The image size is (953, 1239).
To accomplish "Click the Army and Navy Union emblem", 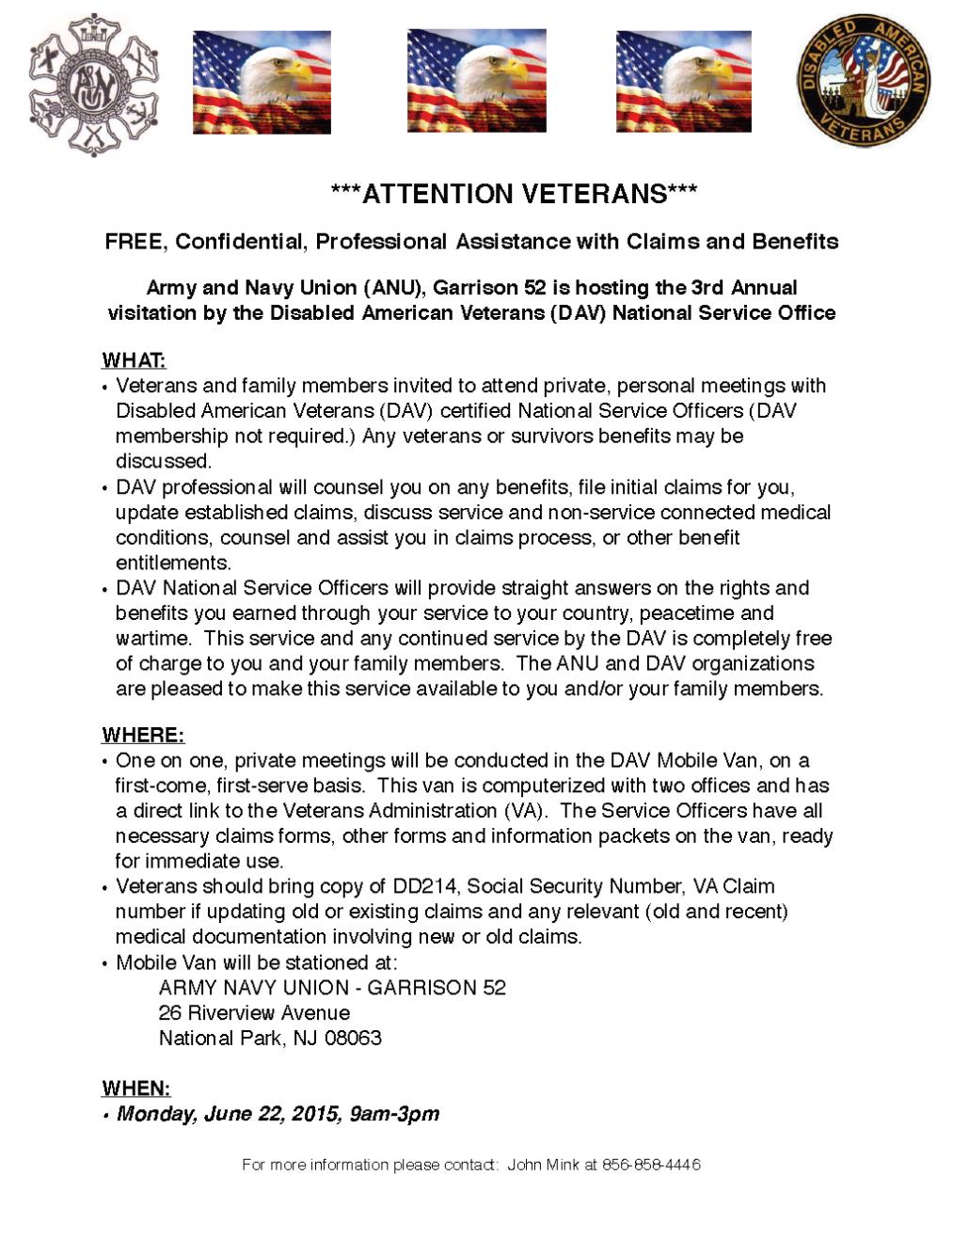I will click(93, 84).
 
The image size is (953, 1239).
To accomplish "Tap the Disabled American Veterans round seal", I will click(863, 81).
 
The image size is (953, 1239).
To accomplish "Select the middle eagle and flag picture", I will click(476, 81).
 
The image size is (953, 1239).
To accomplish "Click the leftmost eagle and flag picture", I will click(262, 82).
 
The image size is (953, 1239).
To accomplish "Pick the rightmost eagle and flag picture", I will click(683, 82).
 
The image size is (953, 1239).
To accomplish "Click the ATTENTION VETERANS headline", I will click(514, 194).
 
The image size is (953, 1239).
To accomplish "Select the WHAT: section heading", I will click(134, 360).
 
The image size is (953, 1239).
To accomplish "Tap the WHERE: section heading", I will click(143, 735).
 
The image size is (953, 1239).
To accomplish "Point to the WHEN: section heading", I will click(136, 1088).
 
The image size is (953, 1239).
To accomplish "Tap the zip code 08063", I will click(353, 1039).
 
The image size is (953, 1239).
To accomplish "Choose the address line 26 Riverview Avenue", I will click(254, 1013).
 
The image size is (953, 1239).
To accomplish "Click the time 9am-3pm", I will click(394, 1114).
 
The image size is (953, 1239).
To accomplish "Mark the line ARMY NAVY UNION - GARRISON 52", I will click(332, 988).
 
